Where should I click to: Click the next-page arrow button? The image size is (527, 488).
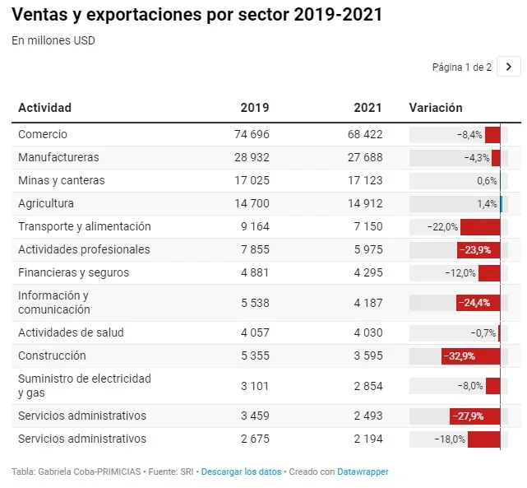pos(509,67)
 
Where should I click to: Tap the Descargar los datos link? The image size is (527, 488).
pos(241,472)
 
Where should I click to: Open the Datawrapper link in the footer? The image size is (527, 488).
pos(363,472)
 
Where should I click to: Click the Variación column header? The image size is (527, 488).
pos(436,108)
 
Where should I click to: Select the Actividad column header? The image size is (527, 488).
pos(44,108)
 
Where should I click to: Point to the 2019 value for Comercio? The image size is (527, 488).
pos(252,134)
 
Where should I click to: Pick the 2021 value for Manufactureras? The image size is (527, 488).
pos(365,157)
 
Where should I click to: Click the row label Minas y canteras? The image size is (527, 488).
pos(62,180)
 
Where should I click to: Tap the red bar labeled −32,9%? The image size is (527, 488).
pos(470,356)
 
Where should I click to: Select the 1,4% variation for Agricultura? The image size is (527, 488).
pos(487,203)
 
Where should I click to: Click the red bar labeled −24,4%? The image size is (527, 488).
pos(478,303)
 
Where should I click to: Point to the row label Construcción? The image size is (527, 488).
pos(52,356)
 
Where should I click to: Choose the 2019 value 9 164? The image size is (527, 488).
pos(255,226)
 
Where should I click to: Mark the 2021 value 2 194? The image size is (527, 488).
pos(368,439)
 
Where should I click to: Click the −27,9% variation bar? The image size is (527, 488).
pos(475,416)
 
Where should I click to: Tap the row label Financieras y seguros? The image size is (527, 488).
pos(74,272)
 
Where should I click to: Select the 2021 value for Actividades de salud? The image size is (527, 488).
pos(368,332)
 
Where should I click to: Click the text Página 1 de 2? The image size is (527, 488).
pos(462,67)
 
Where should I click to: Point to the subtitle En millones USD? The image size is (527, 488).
pos(53,40)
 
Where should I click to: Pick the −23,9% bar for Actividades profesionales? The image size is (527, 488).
pos(478,250)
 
